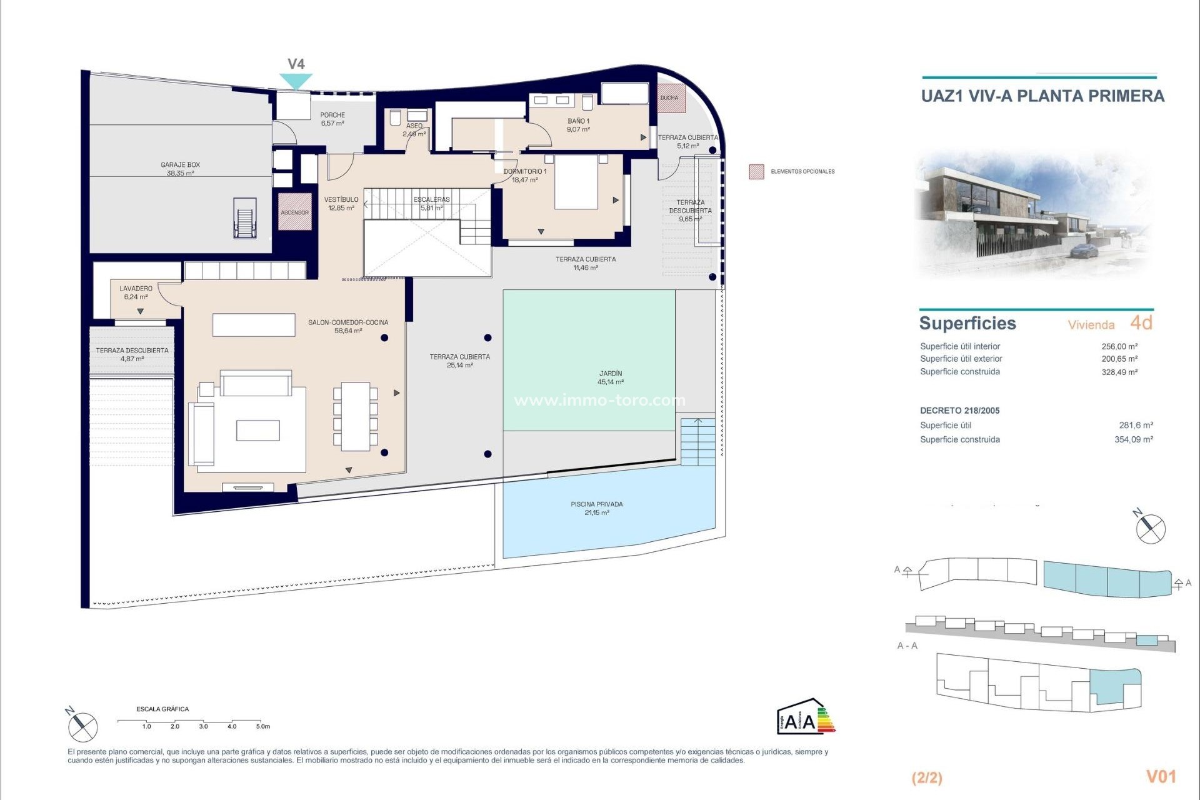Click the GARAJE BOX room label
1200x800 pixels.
[x=180, y=169]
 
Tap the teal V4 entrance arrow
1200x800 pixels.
[x=296, y=81]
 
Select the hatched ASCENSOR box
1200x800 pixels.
[x=294, y=212]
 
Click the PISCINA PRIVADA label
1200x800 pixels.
[x=596, y=508]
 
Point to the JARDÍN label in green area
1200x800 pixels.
[x=610, y=377]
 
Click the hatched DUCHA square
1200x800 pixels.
[x=671, y=98]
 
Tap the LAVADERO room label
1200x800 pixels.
[x=136, y=292]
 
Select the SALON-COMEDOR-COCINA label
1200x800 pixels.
[x=347, y=326]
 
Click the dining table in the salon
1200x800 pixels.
[x=355, y=416]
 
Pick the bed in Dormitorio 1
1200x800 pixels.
[x=576, y=182]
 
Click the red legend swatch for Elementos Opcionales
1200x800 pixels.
[x=756, y=172]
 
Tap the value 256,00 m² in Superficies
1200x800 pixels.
[x=1119, y=346]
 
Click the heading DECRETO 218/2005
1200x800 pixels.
[x=959, y=411]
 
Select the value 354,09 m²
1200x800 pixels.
[x=1133, y=439]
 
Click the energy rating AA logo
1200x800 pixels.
[x=805, y=717]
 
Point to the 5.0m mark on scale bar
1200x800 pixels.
[x=262, y=726]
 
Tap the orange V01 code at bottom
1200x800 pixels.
[x=1161, y=776]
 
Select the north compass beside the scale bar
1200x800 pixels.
[x=82, y=727]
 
